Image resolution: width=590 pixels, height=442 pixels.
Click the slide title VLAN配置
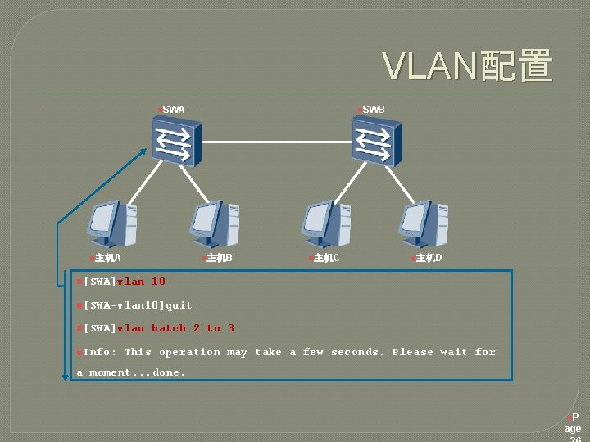468,66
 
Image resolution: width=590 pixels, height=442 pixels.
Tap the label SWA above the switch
173,110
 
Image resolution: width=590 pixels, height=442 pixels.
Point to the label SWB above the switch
373,110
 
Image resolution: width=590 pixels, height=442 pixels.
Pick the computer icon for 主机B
216,223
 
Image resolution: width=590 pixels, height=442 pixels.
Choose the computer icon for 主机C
325,223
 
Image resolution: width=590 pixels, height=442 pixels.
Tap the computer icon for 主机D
424,223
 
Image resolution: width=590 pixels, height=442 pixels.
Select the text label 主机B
219,259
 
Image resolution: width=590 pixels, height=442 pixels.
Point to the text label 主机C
326,259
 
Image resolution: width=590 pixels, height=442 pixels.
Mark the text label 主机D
429,259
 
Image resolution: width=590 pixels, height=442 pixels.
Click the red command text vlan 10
141,282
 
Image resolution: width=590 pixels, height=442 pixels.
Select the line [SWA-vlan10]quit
138,305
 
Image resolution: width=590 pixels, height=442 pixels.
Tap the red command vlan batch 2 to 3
175,328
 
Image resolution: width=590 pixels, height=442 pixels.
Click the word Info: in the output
100,352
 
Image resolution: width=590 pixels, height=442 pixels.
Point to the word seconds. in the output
357,352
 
